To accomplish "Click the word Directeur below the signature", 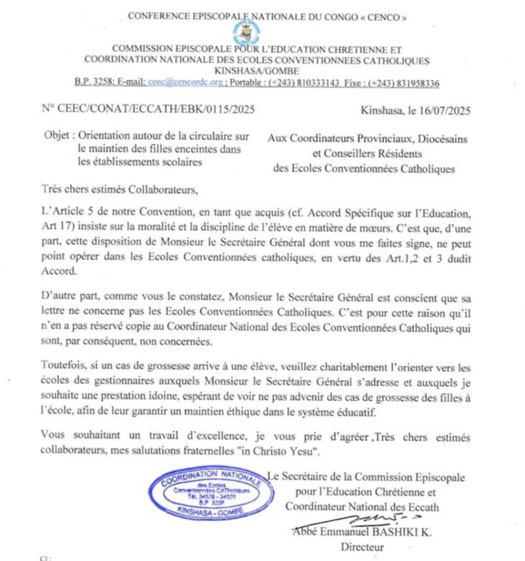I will tap(362, 546).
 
